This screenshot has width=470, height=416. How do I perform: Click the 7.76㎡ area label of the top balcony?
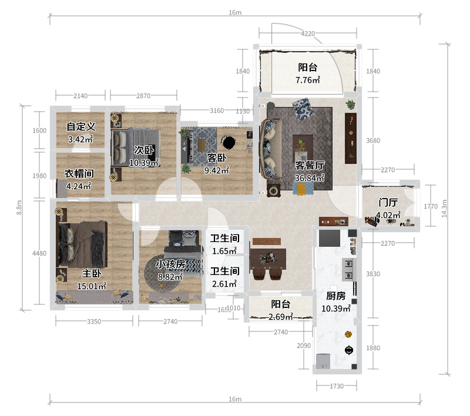(307, 80)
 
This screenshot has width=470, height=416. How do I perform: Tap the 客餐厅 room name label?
(310, 165)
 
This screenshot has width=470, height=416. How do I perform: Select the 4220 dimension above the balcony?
(308, 33)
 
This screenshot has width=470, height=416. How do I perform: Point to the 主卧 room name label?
(92, 273)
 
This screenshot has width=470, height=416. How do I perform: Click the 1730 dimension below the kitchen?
(337, 386)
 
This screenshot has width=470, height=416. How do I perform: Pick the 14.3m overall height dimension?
(444, 209)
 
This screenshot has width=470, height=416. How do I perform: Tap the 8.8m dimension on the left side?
(19, 207)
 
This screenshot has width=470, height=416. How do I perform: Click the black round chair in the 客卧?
(229, 142)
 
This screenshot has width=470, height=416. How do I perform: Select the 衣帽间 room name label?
(79, 173)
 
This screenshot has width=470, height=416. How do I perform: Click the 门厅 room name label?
(388, 202)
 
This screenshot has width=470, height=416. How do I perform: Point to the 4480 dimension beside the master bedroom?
(39, 254)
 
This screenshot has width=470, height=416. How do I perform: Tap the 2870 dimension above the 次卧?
(143, 96)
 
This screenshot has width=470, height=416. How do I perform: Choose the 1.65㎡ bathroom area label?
(224, 251)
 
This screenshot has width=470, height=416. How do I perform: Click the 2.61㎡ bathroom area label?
(224, 284)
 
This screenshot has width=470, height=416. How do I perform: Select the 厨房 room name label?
(336, 296)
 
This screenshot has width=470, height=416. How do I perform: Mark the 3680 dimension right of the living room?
(373, 140)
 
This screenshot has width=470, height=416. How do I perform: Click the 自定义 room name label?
(81, 126)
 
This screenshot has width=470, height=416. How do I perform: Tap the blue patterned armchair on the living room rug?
(303, 109)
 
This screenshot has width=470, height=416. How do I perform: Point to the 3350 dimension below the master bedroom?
(94, 321)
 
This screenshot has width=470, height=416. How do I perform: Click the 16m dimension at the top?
(235, 12)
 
